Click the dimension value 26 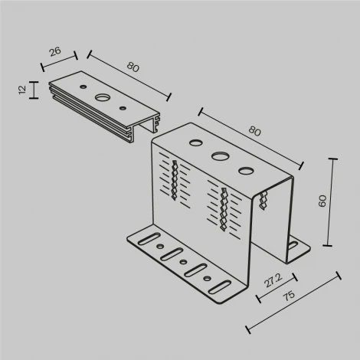click(56, 51)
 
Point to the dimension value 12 click(22, 90)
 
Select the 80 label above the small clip click(133, 67)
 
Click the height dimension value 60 click(322, 201)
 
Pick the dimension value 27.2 click(271, 283)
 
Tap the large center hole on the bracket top click(221, 156)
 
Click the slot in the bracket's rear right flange click(294, 247)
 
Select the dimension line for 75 click(293, 303)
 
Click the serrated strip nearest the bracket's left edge click(177, 181)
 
